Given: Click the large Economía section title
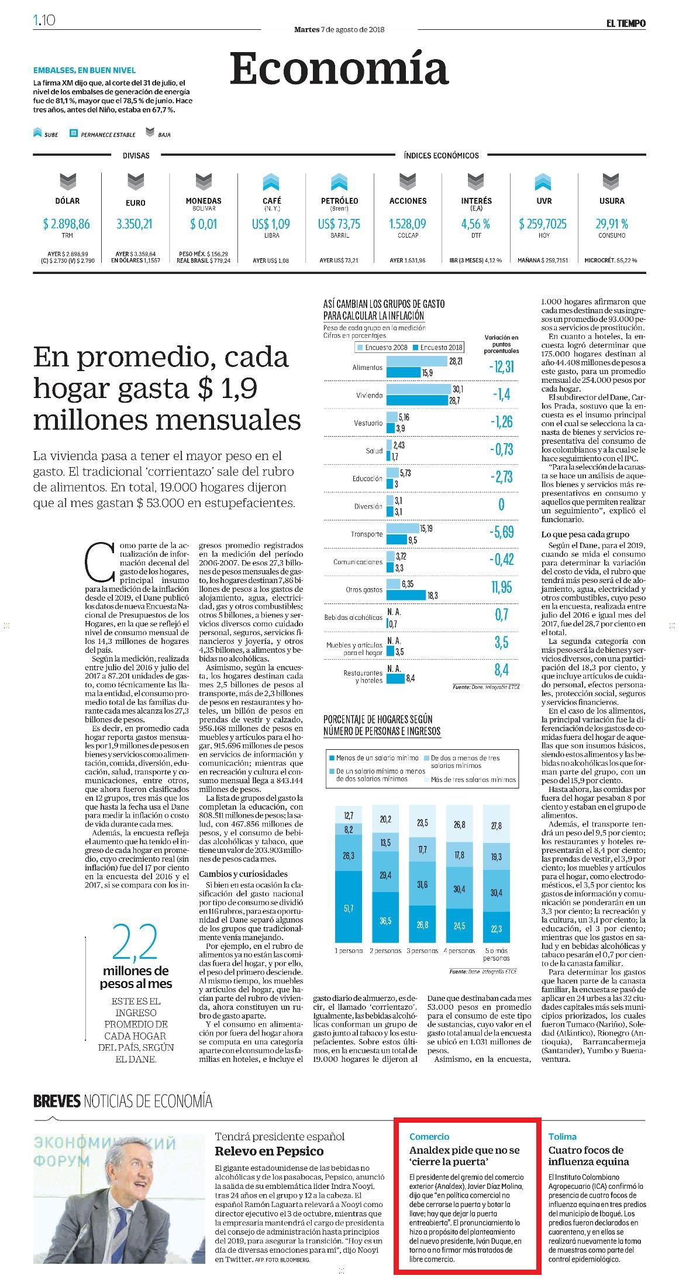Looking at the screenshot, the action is click(339, 68).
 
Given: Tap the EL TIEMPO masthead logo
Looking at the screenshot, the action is click(626, 23).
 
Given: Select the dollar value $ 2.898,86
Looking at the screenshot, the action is click(67, 224).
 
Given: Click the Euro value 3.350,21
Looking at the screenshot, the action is click(135, 224).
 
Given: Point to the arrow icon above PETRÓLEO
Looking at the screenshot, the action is click(339, 182).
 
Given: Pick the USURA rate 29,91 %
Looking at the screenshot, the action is click(612, 224).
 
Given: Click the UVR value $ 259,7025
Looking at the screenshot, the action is click(543, 224).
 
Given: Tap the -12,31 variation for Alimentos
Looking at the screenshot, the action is click(501, 366).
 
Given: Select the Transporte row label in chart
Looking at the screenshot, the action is click(367, 534).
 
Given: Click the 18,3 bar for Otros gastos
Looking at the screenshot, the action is click(406, 595).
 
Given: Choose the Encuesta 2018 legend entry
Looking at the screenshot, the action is click(438, 347).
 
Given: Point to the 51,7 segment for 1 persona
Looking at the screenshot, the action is click(349, 908).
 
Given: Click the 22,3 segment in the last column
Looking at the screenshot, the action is click(497, 928).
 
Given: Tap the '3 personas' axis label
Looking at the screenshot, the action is click(422, 951).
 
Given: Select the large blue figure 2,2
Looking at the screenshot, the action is click(135, 942).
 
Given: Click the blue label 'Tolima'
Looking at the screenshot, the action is click(562, 1136).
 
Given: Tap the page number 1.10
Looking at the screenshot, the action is click(44, 20).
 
